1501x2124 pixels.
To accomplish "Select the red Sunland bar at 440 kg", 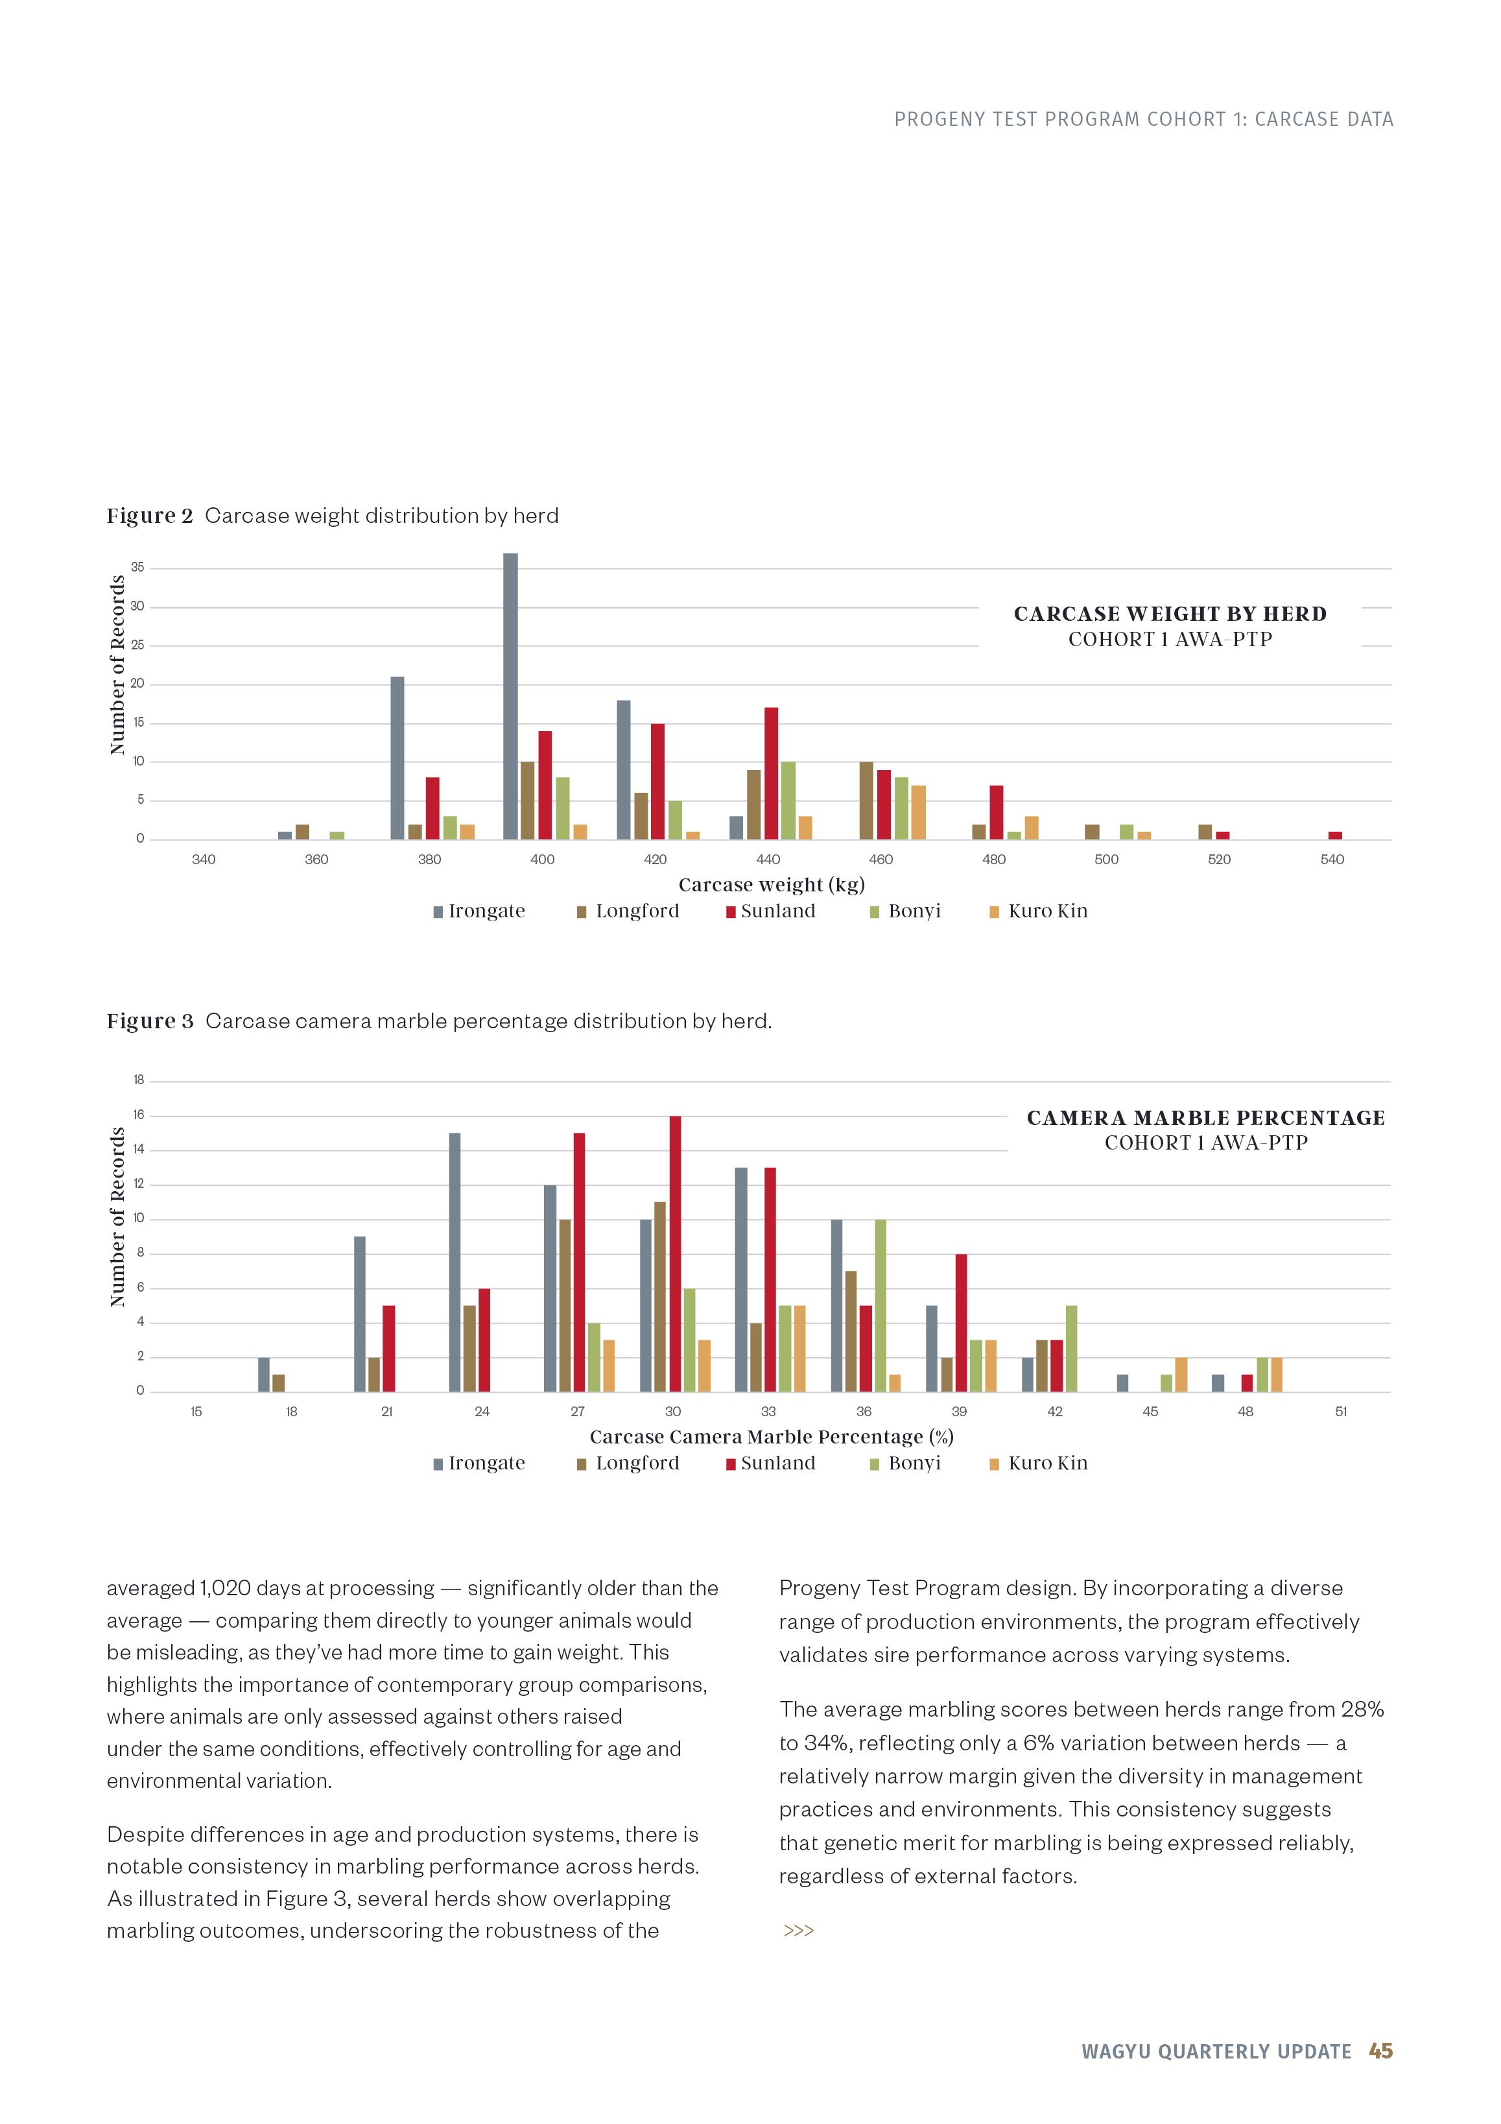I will click(x=772, y=773).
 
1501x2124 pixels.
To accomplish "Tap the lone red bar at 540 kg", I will click(x=1334, y=836).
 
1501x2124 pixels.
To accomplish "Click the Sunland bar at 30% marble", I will click(x=675, y=1253).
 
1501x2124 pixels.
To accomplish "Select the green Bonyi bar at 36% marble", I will click(x=881, y=1305).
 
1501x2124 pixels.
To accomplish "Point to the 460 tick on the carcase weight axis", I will click(x=881, y=860).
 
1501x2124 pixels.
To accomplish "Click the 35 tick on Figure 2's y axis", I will click(x=138, y=568).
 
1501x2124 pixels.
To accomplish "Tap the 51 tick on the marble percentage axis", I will click(x=1341, y=1412).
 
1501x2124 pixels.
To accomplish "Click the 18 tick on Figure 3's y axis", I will click(x=139, y=1080).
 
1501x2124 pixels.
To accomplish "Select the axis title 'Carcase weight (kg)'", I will click(x=772, y=886).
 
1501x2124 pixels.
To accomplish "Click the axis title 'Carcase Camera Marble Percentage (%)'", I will click(x=772, y=1437).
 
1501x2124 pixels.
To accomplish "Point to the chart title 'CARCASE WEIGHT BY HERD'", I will click(x=1170, y=614).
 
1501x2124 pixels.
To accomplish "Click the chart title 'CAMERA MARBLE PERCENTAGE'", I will click(x=1206, y=1118).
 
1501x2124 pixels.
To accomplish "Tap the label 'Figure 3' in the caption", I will click(x=150, y=1021).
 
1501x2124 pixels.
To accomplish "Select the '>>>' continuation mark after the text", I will click(x=798, y=1931).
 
